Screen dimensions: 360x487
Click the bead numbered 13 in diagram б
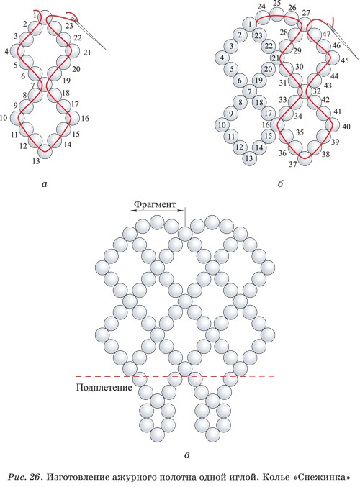pos(249,158)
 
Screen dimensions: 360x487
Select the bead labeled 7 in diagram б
pos(249,91)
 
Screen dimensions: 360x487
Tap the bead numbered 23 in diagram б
pos(258,35)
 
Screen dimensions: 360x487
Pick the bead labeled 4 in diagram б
pos(222,58)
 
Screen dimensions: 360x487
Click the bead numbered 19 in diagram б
pos(258,80)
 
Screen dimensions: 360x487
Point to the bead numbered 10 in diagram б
pos(222,125)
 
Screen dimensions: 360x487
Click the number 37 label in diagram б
pos(293,164)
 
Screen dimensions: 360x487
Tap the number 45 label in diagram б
pos(345,60)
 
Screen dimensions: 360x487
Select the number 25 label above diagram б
pos(276,4)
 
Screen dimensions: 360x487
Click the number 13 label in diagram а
pos(36,161)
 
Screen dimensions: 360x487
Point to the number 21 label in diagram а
pos(87,53)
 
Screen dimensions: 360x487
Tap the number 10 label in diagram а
pos(4,118)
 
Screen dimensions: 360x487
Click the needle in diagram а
pos(89,33)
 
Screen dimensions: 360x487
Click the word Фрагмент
pos(155,204)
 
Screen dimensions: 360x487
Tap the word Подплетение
pos(104,388)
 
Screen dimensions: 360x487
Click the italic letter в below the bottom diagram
pos(186,455)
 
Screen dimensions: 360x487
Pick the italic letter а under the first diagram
pos(44,184)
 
